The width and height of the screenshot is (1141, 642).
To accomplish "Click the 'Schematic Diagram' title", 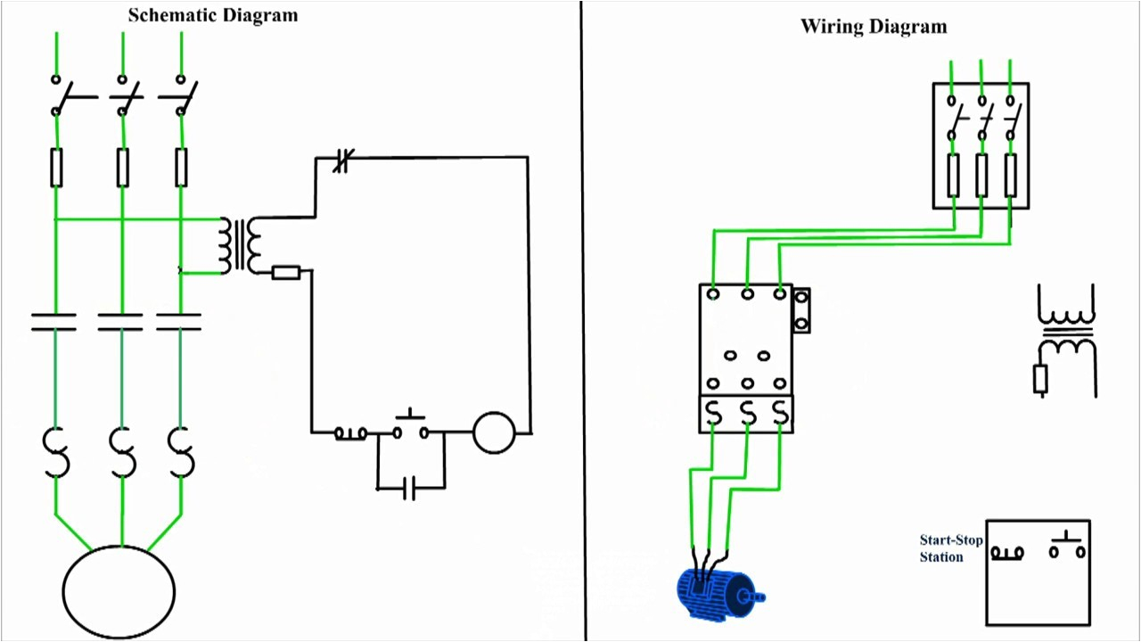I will pos(213,15).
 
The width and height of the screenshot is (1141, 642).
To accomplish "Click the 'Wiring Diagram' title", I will pos(874,26).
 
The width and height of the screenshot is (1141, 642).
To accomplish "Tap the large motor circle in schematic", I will pos(119,592).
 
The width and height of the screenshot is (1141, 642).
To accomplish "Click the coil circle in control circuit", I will pos(494,432).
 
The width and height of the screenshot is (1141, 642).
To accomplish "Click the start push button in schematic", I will pos(410,427).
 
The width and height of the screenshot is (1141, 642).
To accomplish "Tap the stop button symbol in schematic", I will pos(350,433).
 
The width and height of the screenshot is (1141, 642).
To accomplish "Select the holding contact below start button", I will pos(409,488).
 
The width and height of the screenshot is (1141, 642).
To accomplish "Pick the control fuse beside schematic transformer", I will pos(285,272).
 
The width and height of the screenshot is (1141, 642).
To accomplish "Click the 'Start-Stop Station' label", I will pos(950,548).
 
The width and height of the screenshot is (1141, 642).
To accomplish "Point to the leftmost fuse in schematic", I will pos(57,168).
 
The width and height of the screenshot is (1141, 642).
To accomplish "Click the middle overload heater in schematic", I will pos(122,452).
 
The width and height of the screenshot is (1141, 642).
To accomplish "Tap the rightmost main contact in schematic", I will pos(179,322).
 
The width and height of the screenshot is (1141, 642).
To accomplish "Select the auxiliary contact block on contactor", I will pos(801,310).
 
